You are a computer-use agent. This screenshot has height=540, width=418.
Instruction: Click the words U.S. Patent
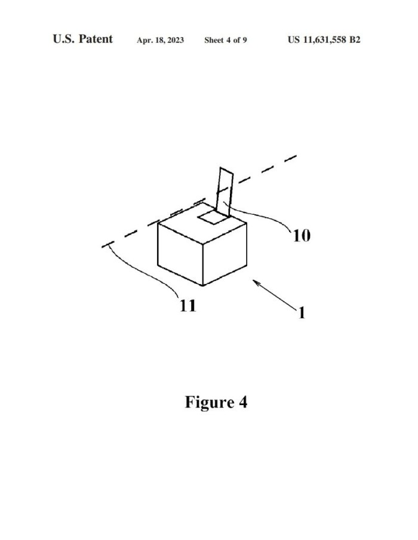tap(82, 39)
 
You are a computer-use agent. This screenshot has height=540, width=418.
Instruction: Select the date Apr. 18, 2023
tap(160, 40)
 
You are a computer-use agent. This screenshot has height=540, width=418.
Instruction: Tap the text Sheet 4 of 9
tap(225, 40)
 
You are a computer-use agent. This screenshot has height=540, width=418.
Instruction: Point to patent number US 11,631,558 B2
tap(324, 39)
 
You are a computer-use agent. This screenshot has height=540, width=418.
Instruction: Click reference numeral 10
tap(302, 236)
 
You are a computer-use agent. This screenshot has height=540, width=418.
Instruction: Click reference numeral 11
tap(188, 306)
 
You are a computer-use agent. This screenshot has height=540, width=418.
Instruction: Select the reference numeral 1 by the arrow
tap(302, 313)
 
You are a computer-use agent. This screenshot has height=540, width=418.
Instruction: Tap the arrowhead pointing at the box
tap(256, 282)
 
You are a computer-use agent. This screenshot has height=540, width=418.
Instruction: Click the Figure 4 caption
tap(216, 402)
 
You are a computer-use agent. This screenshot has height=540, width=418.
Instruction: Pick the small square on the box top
tap(213, 218)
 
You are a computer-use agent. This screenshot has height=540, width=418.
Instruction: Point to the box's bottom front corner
tap(202, 285)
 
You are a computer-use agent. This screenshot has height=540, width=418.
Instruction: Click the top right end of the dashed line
tap(296, 156)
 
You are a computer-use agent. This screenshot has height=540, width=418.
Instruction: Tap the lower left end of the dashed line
tap(102, 247)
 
